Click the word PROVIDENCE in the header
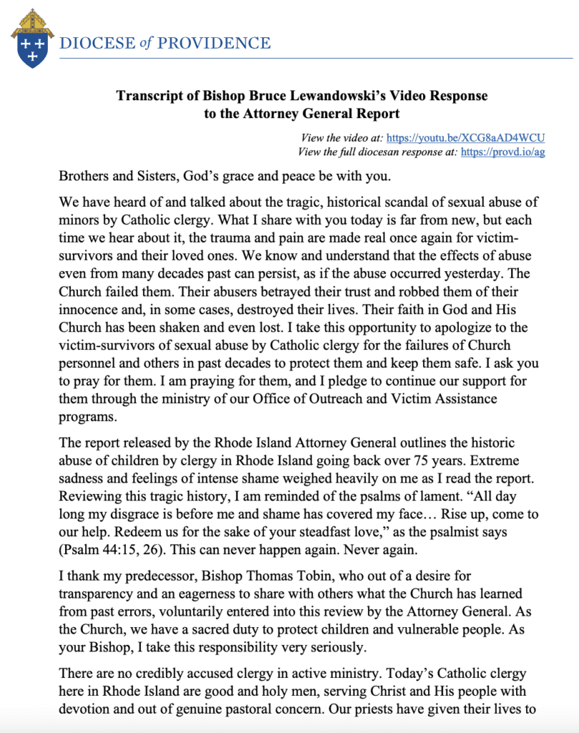[214, 43]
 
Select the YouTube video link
[466, 137]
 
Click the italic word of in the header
[146, 43]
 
